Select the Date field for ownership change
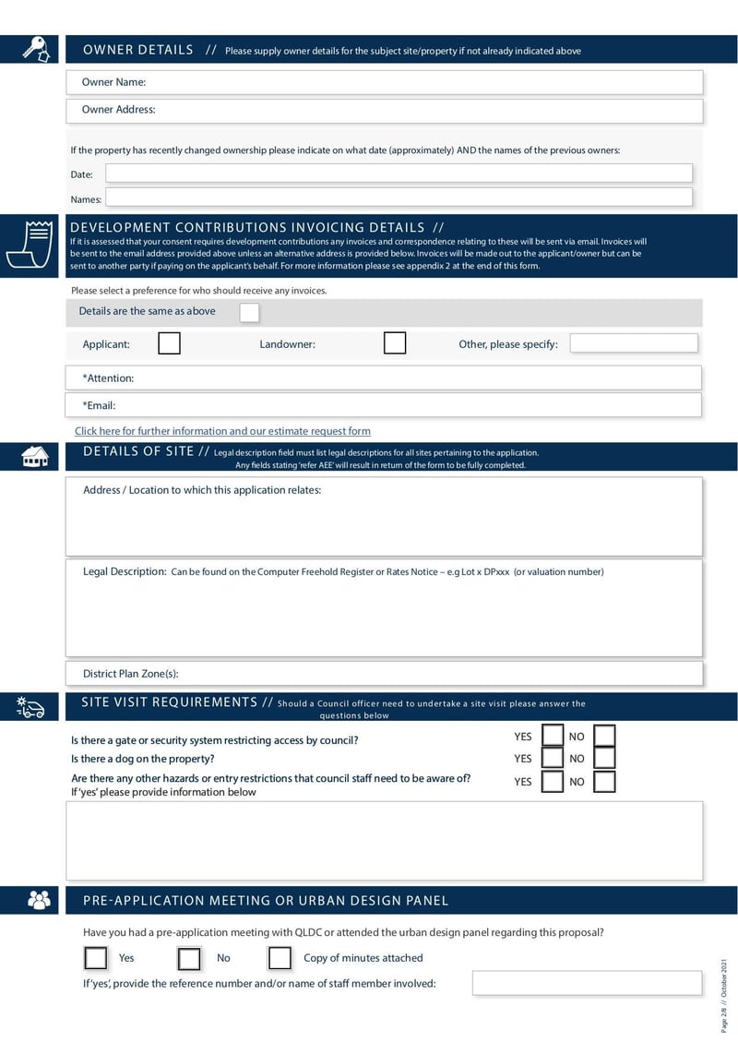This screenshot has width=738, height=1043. coord(399,174)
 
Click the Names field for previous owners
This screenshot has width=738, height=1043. coord(399,198)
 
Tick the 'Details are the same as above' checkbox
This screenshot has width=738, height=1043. coord(249,312)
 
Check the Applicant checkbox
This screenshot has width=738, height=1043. coord(169,343)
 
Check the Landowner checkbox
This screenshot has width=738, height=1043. coord(395,343)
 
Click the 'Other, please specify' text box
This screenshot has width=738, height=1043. coord(634,343)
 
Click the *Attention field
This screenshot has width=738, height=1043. coord(384,378)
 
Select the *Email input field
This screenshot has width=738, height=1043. coord(384,405)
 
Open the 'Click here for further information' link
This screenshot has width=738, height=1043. coord(222,431)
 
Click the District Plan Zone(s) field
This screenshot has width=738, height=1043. coord(384,674)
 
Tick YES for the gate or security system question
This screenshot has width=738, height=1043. coord(553,736)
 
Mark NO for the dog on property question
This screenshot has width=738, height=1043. coord(604,758)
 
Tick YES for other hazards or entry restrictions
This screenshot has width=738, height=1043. coord(553,782)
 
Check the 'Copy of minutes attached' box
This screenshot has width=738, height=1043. coord(280,958)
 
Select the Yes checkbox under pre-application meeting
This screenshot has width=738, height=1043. coord(95,958)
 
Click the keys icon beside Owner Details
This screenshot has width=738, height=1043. coord(34,49)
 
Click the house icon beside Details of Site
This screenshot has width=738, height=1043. coord(34,455)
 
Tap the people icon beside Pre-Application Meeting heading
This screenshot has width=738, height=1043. coord(39,900)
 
